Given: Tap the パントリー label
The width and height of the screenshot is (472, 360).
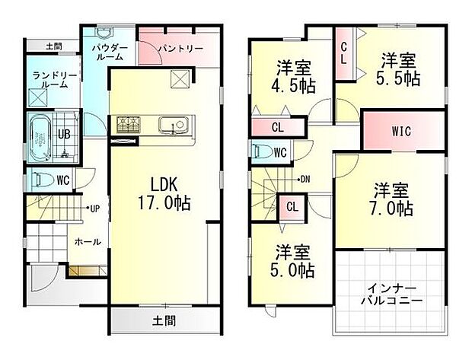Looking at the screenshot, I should (x=180, y=49).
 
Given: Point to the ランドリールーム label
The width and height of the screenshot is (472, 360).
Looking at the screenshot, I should (x=49, y=80).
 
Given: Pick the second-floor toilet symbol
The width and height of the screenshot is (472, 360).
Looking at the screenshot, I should (x=263, y=151).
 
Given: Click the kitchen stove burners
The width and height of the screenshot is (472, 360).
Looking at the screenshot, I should (x=128, y=123).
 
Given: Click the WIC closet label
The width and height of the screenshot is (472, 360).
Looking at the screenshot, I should (x=401, y=131).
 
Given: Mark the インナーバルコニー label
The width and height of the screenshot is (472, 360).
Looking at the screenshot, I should (x=391, y=295).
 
